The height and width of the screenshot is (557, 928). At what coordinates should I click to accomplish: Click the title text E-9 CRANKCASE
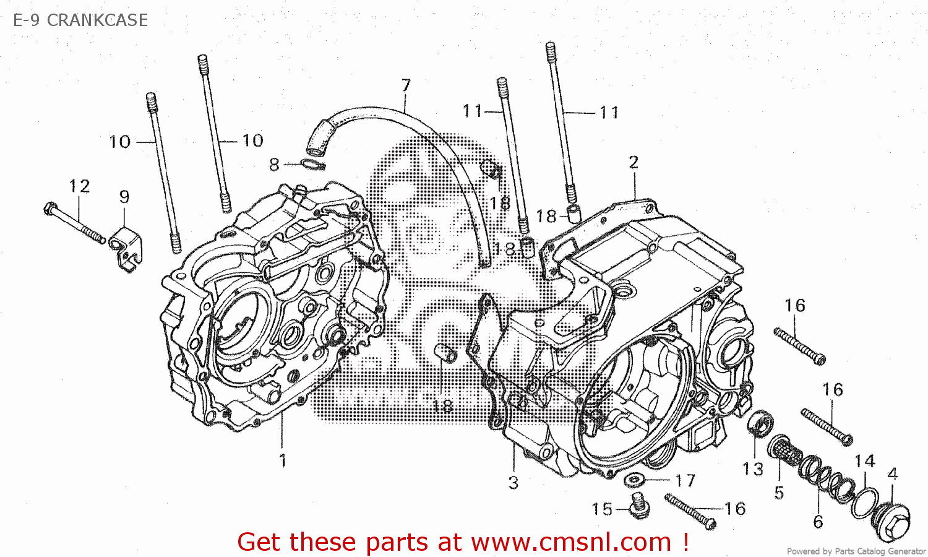pos(80,20)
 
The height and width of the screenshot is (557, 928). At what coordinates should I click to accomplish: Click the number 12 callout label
pos(79,186)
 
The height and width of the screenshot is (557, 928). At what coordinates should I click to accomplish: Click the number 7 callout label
pos(406,85)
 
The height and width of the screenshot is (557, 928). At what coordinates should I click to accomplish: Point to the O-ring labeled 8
pos(313,165)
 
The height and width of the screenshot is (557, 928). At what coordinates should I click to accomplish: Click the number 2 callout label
pos(634,162)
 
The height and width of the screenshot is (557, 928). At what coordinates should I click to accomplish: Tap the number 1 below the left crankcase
pos(283,460)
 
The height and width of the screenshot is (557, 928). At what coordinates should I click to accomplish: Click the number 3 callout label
pos(513,483)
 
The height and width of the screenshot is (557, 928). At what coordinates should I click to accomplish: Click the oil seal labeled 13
pos(759,424)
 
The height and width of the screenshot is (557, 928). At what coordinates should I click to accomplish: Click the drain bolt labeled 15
pos(639,506)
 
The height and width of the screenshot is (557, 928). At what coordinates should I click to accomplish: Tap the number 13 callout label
pos(753,469)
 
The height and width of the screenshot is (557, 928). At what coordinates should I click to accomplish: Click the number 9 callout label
pos(124,197)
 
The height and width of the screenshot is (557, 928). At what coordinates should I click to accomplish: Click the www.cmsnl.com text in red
pos(571,542)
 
